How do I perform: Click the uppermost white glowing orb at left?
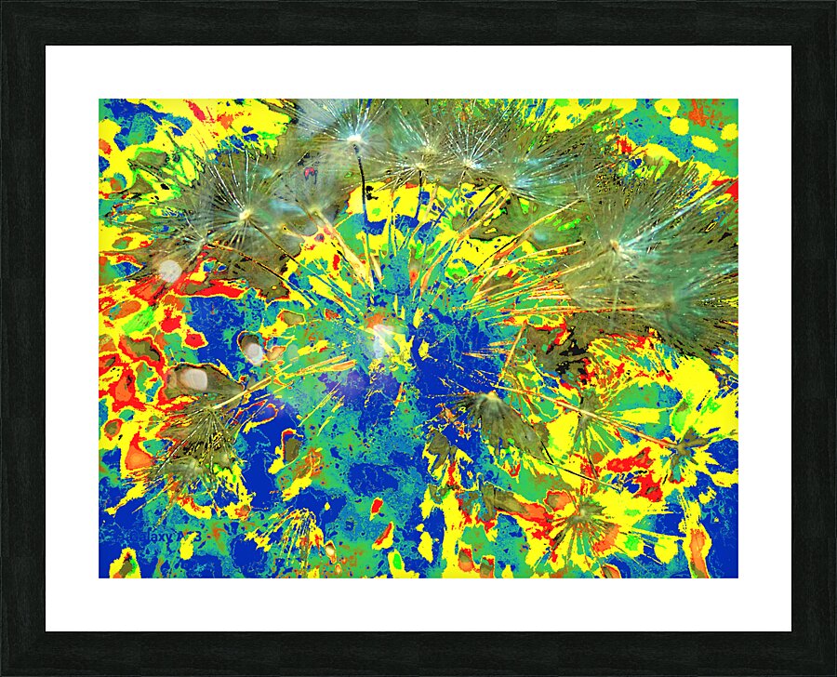tap(169, 271)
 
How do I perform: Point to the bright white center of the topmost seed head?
tap(354, 140)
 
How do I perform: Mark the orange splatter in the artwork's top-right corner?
tap(698, 113)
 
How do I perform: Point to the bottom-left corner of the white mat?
tap(47, 630)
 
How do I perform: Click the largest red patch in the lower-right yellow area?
tap(632, 460)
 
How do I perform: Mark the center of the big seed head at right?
tap(614, 246)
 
